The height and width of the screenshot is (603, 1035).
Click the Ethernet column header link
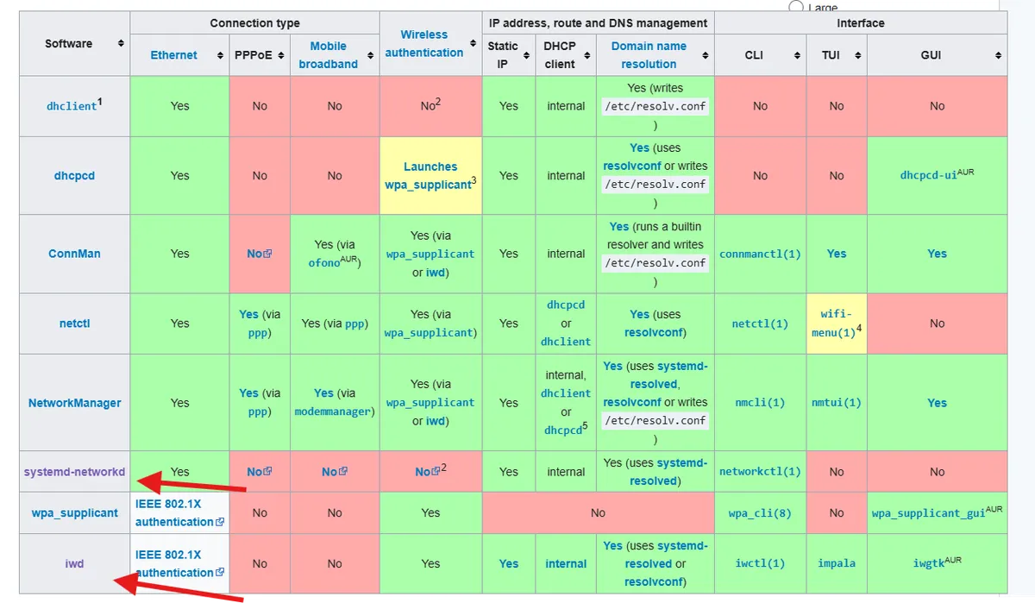pos(173,55)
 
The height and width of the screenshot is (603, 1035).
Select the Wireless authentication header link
pos(423,43)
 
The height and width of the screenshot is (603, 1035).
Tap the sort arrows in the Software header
pos(121,43)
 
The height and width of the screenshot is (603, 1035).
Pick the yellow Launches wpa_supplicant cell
pos(430,176)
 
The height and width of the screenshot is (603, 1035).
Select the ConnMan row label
pos(74,254)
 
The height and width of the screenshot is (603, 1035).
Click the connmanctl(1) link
pos(760,254)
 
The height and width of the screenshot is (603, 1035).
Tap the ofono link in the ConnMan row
pos(324,263)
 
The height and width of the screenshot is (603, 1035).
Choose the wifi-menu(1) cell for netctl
pos(837,323)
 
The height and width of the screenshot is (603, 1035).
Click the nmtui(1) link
pos(837,403)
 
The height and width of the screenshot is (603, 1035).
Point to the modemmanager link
pos(333,411)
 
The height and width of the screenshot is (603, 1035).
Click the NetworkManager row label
pos(74,403)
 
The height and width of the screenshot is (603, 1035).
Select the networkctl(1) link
pos(760,472)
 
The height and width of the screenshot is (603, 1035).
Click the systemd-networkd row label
pos(74,472)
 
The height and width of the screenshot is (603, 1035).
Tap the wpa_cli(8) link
pos(760,513)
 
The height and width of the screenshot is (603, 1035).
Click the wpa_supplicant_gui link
pos(929,513)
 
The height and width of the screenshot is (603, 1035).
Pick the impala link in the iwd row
pos(837,563)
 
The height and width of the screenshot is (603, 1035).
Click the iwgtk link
pos(929,563)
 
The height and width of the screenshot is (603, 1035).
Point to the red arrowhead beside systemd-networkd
pos(150,482)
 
